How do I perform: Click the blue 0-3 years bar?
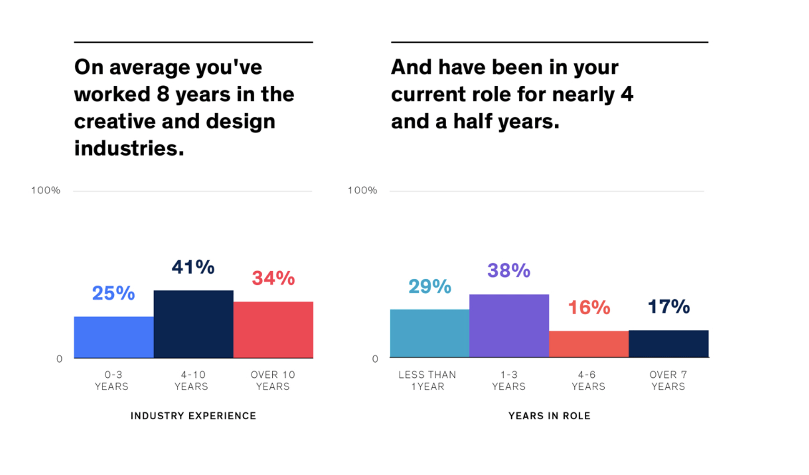[114, 337]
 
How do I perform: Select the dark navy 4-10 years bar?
[193, 324]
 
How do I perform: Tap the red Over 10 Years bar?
[273, 330]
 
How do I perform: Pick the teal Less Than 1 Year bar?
[430, 333]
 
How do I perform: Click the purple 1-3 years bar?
[509, 326]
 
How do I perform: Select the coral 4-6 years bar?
[589, 344]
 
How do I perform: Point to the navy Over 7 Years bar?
[669, 344]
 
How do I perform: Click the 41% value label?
[193, 267]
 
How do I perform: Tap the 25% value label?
[113, 293]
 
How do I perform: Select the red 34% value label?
[273, 278]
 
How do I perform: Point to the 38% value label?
[509, 271]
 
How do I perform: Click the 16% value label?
[589, 308]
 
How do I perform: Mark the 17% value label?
[669, 307]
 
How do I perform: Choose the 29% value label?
[430, 286]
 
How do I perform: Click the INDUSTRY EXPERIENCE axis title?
[193, 416]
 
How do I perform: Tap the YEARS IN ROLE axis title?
[549, 416]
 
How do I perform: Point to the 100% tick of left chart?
[46, 191]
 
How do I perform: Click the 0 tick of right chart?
[375, 359]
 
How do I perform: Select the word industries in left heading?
[129, 148]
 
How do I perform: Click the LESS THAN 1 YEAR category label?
[427, 381]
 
